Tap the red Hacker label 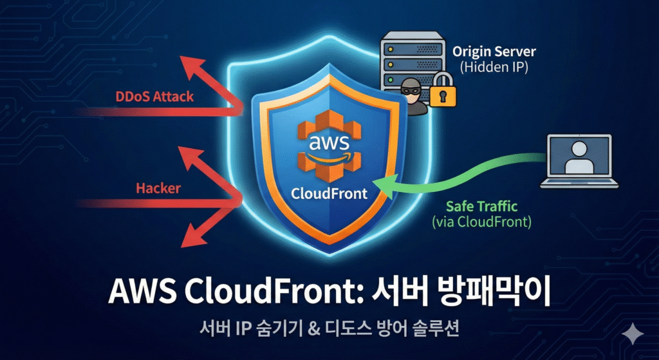click(158, 189)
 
